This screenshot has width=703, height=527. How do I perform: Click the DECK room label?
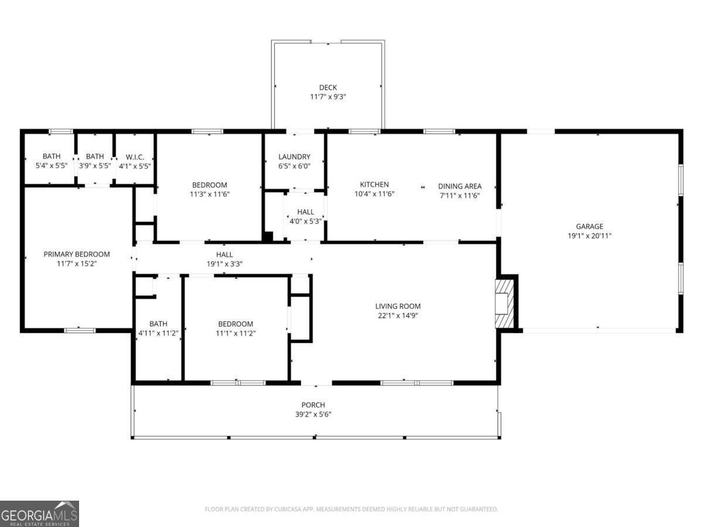[328, 88]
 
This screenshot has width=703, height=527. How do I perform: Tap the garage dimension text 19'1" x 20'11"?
[589, 236]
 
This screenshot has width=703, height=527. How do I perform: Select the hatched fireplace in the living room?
[504, 303]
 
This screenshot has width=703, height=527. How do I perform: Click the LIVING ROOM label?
[398, 306]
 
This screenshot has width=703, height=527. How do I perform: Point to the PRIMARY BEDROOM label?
[77, 254]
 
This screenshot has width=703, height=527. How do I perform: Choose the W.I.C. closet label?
[139, 157]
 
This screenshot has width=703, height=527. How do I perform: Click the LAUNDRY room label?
[294, 157]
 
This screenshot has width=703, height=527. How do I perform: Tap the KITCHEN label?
[374, 184]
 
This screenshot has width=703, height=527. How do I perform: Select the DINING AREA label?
[460, 186]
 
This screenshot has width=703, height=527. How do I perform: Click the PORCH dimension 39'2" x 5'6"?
[313, 414]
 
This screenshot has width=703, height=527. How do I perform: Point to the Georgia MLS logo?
[39, 514]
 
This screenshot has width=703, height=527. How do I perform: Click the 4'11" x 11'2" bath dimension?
[158, 333]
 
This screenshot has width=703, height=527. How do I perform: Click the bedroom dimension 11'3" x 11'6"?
[209, 194]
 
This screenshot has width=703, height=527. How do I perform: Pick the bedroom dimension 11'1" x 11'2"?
[236, 333]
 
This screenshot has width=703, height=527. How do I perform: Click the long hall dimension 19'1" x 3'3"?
[224, 264]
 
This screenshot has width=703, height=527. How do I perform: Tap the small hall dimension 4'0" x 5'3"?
[305, 221]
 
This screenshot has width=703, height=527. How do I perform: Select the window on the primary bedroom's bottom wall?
[80, 330]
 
